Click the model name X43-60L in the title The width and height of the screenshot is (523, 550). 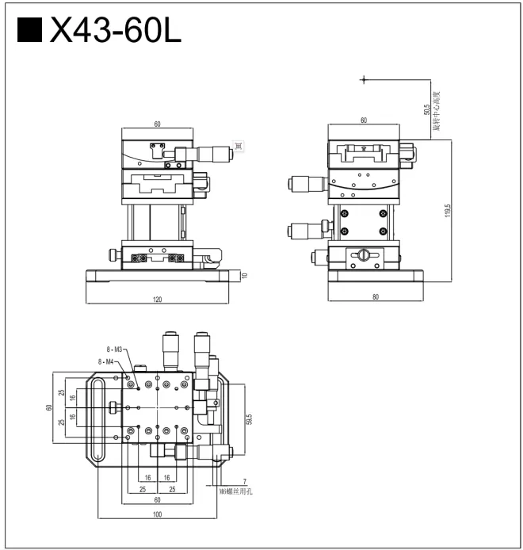(115, 31)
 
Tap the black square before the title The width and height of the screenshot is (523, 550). (29, 31)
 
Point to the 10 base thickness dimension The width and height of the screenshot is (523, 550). (244, 276)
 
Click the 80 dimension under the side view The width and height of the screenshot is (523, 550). (375, 297)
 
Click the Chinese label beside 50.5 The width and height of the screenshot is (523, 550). (436, 110)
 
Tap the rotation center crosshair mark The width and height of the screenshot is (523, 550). (364, 79)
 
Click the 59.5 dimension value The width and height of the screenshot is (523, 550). (249, 418)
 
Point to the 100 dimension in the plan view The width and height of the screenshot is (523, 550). (157, 515)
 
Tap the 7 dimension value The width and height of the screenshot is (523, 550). (245, 481)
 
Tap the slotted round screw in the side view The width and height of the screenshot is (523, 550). (363, 254)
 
